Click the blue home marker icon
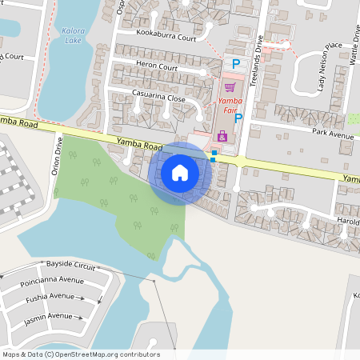click(x=180, y=172)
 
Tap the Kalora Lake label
click(x=71, y=34)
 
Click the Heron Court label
click(x=157, y=67)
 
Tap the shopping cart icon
click(x=230, y=87)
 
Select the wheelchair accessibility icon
click(x=222, y=138)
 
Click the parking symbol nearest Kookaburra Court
click(x=235, y=63)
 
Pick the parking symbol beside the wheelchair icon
click(x=238, y=118)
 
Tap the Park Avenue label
click(x=333, y=134)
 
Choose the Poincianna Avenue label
click(x=54, y=281)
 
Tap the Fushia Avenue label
click(x=50, y=297)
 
